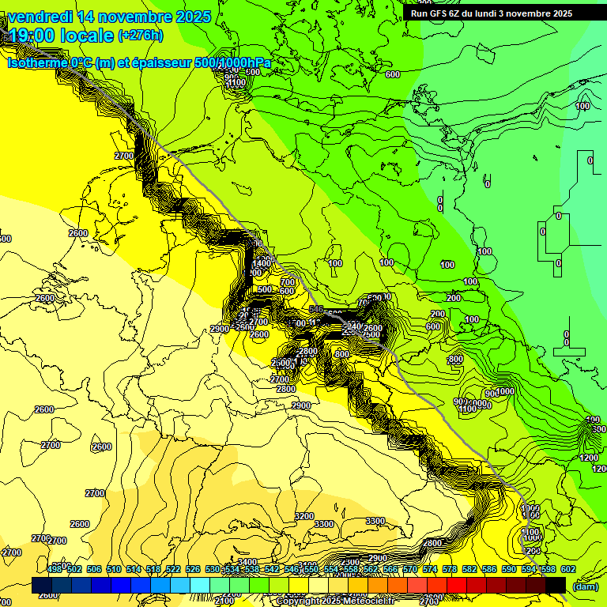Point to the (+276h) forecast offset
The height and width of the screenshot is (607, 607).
140,36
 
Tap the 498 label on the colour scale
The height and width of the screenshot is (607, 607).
55,569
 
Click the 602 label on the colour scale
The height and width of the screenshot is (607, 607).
568,569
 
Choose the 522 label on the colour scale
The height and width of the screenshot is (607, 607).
173,569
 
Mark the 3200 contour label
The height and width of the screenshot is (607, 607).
303,516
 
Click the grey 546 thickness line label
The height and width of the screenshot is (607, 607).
316,309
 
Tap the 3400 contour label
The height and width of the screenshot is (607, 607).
247,563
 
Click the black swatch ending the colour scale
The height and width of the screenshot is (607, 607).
556,585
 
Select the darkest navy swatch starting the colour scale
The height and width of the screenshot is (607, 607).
42,585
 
